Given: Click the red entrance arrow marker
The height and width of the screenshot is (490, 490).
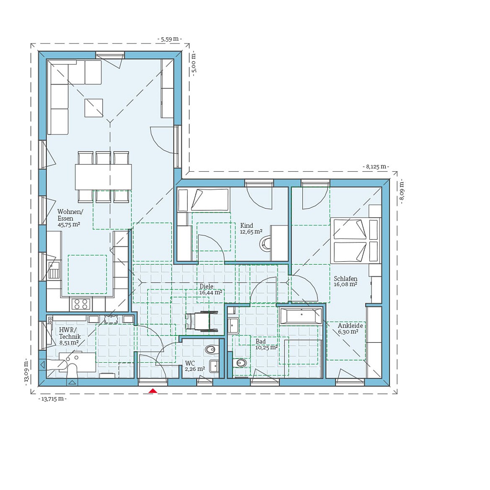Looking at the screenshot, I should point(153,391).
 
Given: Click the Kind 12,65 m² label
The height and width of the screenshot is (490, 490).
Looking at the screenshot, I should point(251,228).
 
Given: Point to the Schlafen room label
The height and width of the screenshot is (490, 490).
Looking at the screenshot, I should point(346,281).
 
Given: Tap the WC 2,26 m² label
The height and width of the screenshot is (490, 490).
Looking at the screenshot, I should point(195,366).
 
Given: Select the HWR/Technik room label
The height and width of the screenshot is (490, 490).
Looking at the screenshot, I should point(70,336).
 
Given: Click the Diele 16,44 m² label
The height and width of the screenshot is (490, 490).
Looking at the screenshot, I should point(210,289).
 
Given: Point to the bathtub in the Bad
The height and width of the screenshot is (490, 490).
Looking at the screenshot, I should point(301,316).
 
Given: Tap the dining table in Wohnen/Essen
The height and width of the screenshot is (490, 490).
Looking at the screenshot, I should point(103,177).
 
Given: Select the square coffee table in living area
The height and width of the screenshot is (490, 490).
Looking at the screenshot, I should point(93,108).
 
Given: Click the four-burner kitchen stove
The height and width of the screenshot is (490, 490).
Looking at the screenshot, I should point(81,304).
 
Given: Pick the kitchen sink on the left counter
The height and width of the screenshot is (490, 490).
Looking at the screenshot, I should point(53,271).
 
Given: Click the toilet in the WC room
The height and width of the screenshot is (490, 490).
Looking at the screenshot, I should point(211,349).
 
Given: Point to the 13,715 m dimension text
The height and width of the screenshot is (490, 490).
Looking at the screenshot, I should point(53,399).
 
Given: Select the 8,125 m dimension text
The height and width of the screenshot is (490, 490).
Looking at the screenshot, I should point(375,167).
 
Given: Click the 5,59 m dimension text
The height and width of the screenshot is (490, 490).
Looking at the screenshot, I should point(170,39).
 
